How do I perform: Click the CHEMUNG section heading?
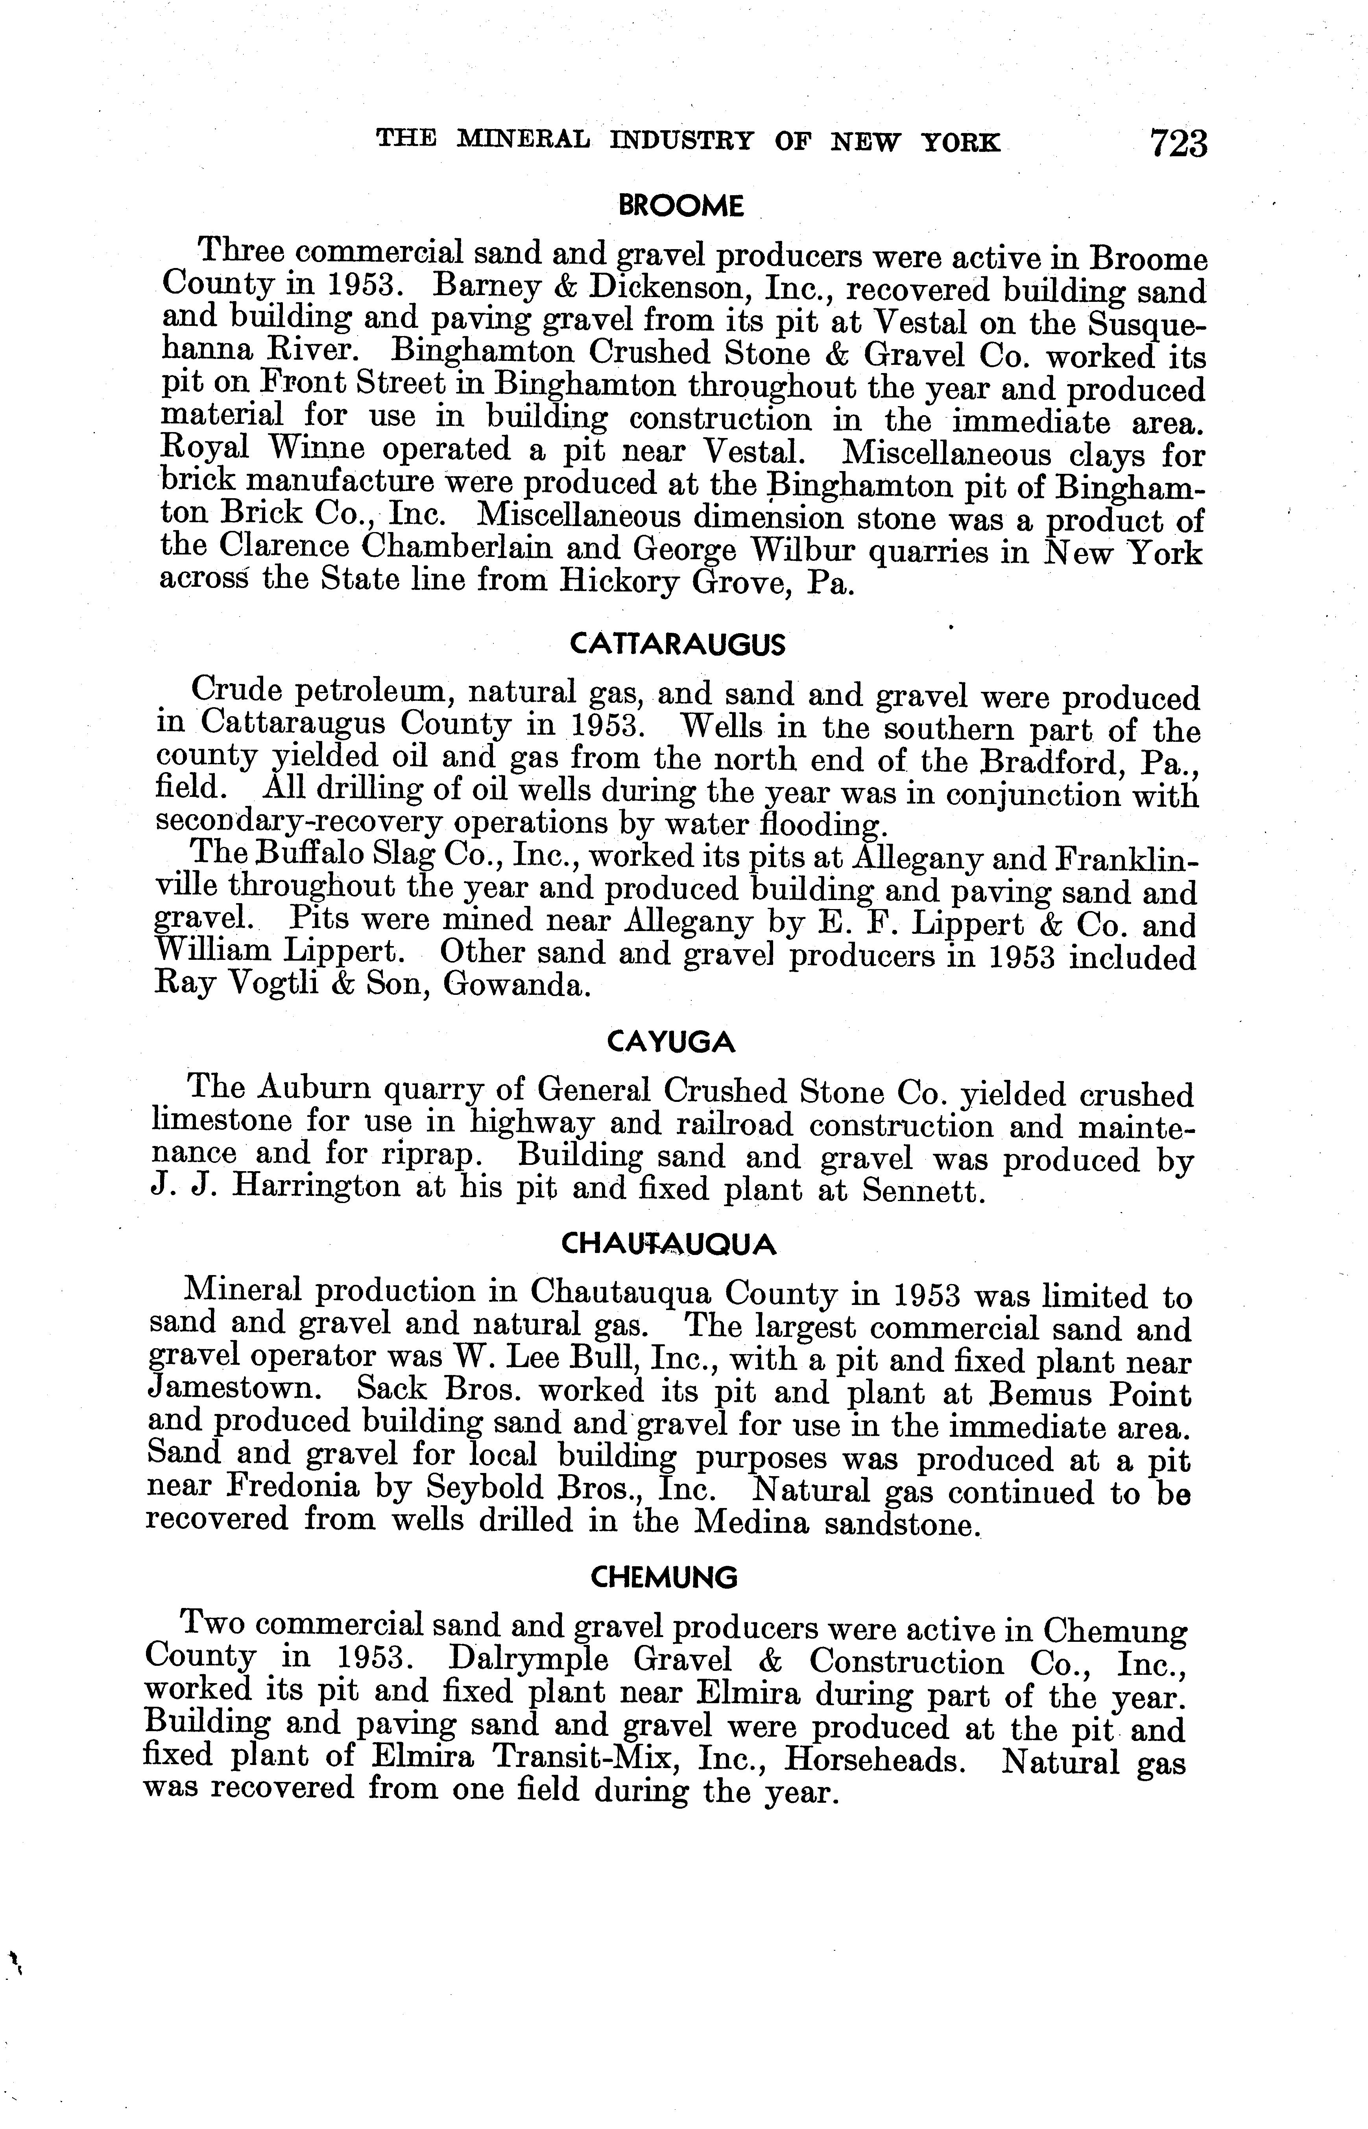[665, 1577]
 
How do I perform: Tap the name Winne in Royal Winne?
[308, 451]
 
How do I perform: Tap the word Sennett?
[924, 1191]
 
